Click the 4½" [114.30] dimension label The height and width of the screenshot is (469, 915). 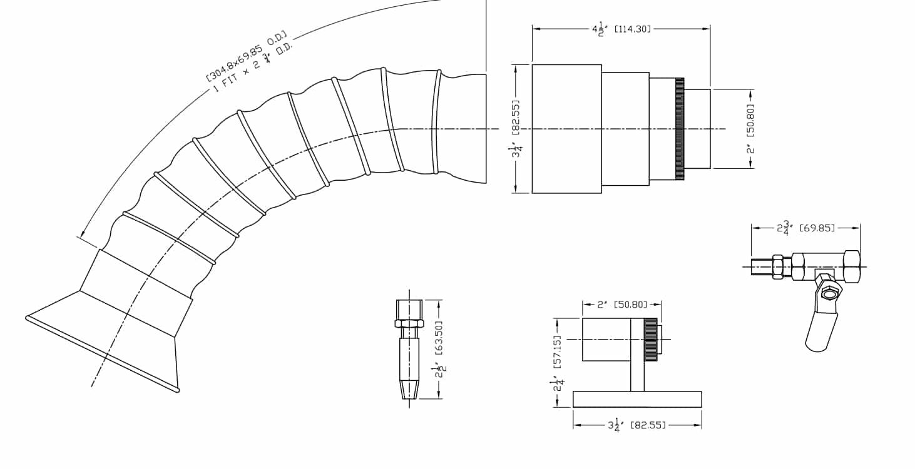point(621,29)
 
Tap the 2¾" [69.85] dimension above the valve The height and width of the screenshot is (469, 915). point(805,228)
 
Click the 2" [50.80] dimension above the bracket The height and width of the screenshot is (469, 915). point(622,305)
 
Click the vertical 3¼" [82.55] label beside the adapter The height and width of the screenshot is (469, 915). point(516,129)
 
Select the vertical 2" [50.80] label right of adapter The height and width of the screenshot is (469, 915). point(750,129)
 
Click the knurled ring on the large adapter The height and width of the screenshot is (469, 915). point(679,129)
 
